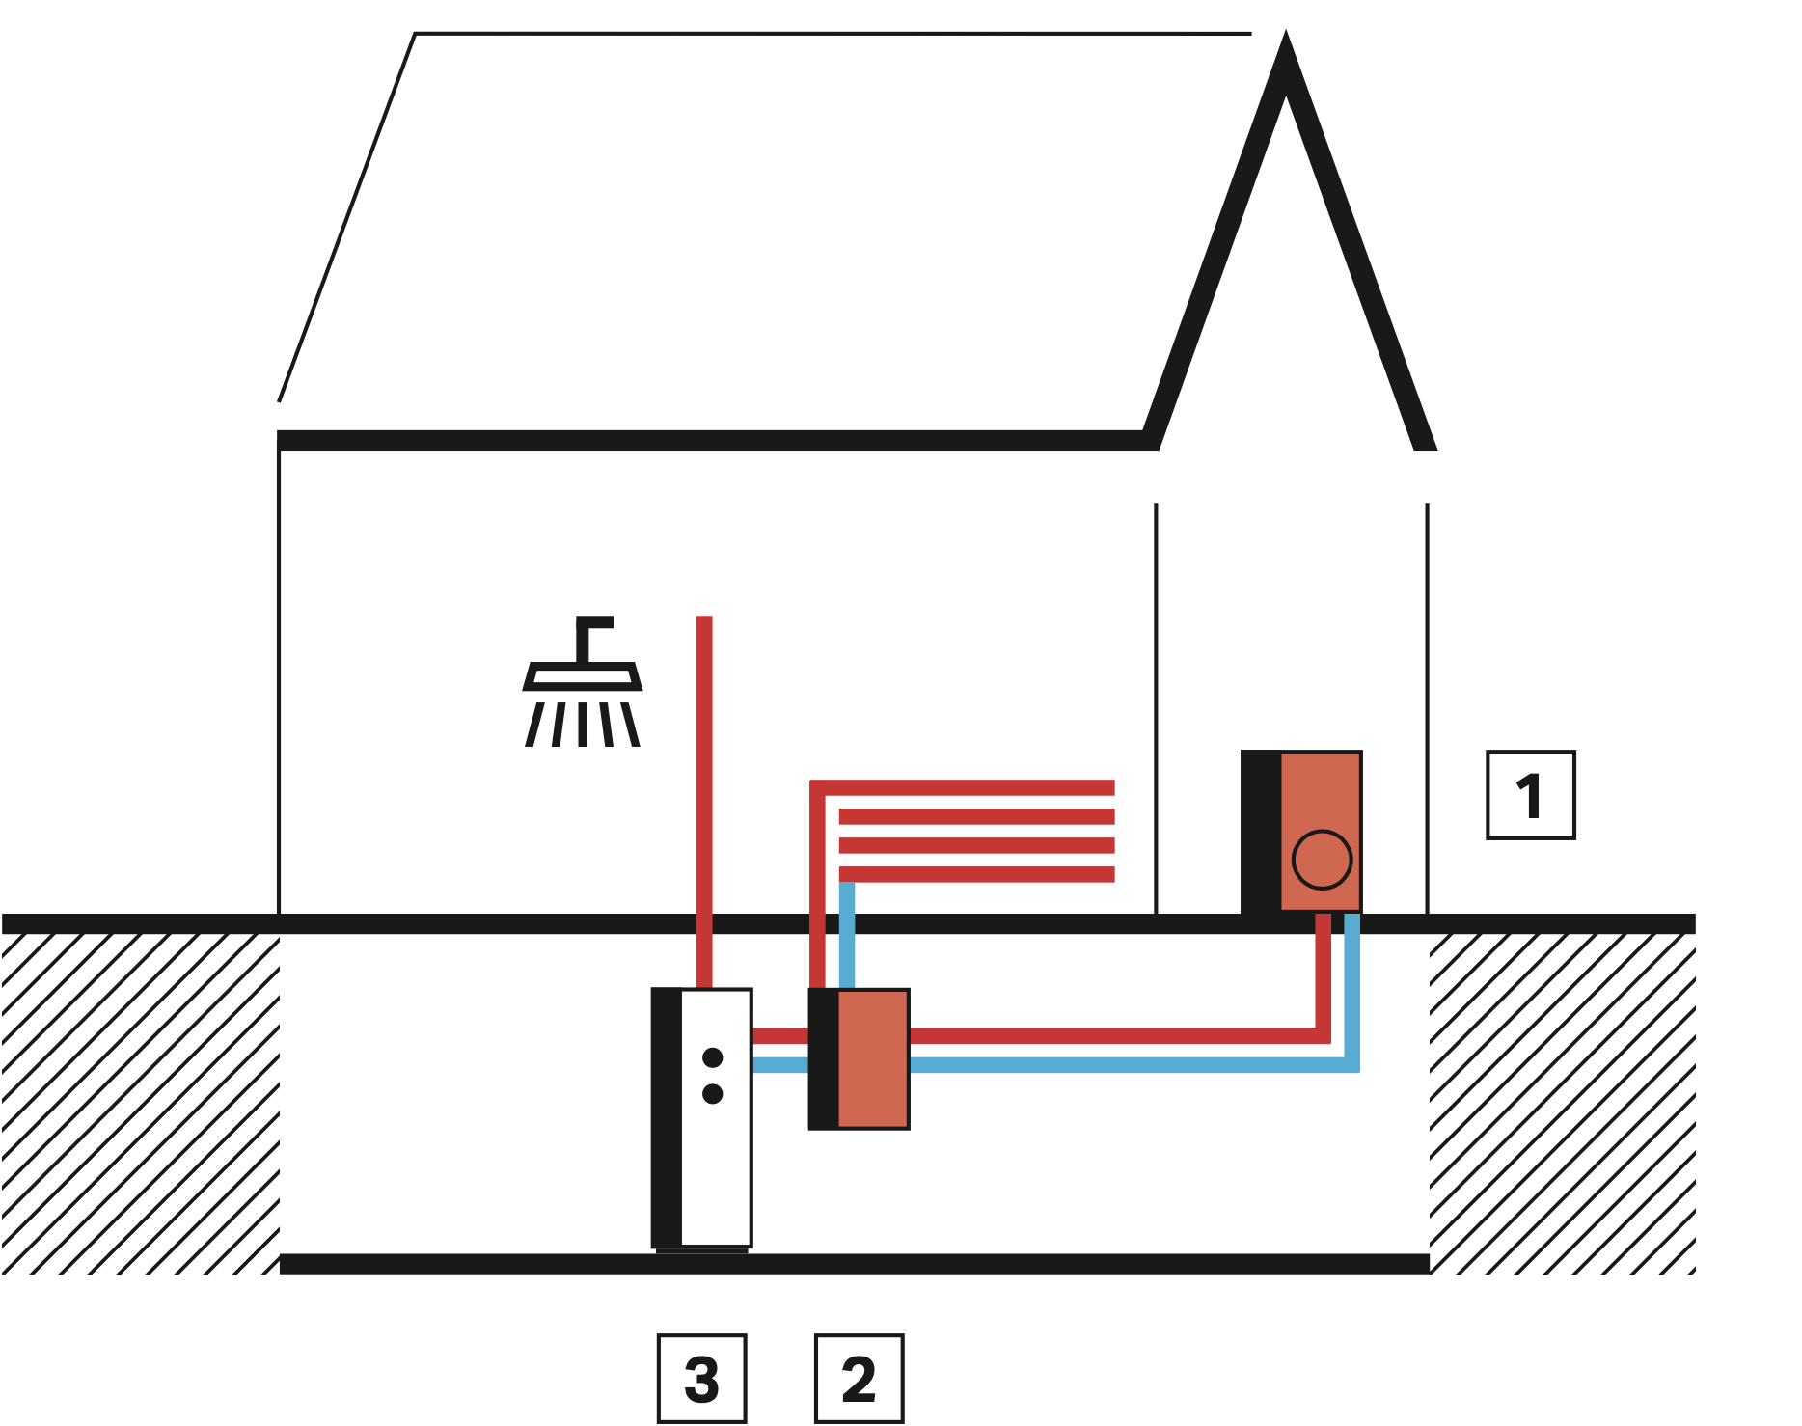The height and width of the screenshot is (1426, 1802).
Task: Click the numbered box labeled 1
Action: click(x=1530, y=795)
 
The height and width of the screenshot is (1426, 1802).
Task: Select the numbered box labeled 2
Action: click(x=859, y=1378)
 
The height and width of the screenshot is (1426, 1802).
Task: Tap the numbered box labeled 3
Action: click(x=701, y=1378)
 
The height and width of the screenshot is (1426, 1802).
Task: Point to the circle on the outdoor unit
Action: click(x=1322, y=860)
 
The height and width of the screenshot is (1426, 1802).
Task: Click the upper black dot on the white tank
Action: click(x=713, y=1057)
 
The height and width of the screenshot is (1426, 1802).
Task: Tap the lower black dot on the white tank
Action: click(x=713, y=1094)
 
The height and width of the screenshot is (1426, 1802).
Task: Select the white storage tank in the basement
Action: click(x=715, y=1158)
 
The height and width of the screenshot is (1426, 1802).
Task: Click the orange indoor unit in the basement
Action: click(x=872, y=1058)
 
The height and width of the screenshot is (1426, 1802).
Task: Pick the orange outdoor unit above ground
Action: click(x=1320, y=810)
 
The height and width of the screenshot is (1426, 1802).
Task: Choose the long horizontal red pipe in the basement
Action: click(x=1109, y=1036)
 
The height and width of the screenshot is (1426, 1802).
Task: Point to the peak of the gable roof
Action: click(x=1285, y=48)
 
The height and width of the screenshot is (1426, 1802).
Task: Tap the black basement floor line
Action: click(x=854, y=1264)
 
